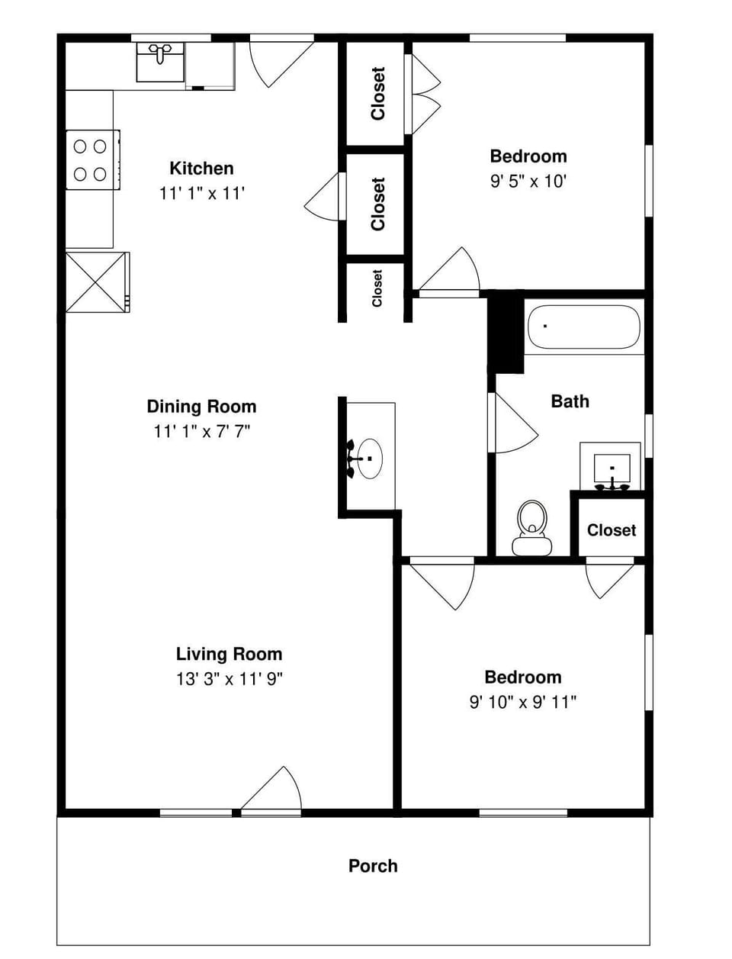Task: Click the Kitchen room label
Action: click(201, 168)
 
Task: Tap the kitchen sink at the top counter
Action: click(160, 62)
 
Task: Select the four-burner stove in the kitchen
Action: click(91, 159)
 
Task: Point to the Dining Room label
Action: click(201, 406)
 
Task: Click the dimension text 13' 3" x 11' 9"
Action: click(229, 679)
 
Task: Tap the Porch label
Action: click(373, 866)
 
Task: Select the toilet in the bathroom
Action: click(531, 526)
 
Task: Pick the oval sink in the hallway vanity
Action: click(370, 458)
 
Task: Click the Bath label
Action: click(570, 401)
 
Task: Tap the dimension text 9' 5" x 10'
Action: click(528, 182)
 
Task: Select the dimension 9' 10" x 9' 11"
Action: click(522, 702)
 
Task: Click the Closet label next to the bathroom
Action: click(611, 529)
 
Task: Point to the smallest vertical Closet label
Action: click(377, 288)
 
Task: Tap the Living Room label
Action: click(229, 654)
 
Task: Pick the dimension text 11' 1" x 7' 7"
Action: click(201, 431)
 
